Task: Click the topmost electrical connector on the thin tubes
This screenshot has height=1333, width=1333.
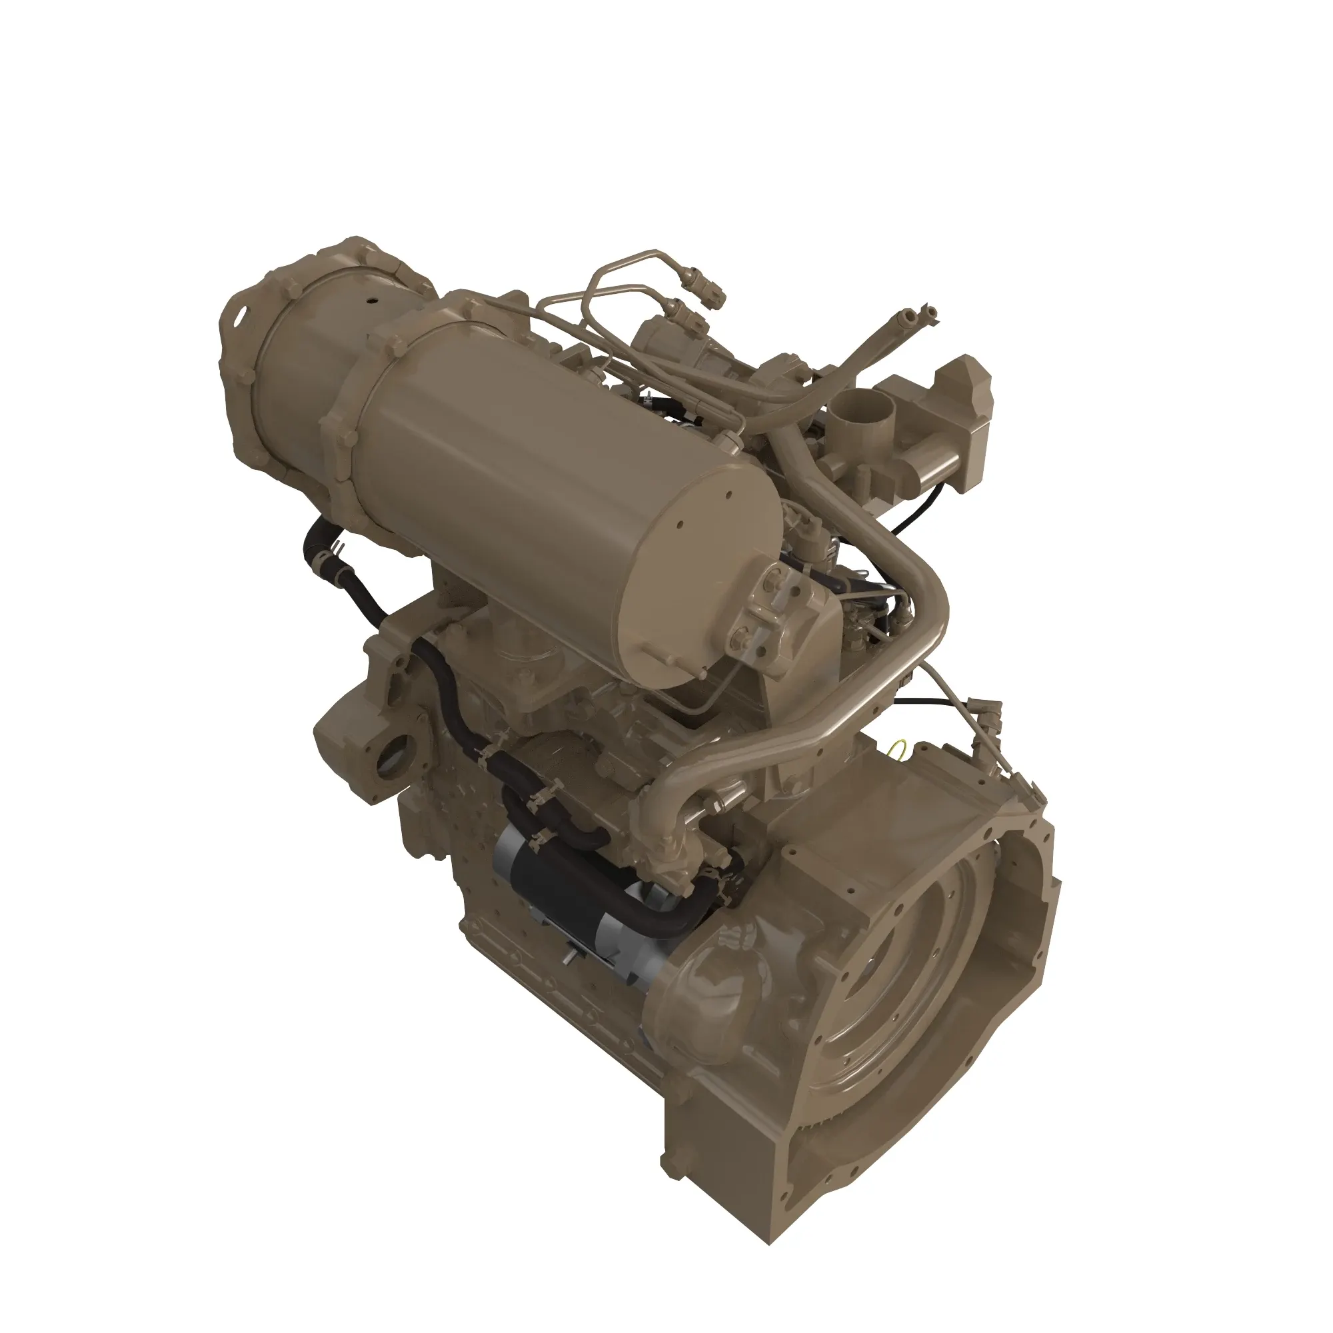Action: pyautogui.click(x=710, y=290)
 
